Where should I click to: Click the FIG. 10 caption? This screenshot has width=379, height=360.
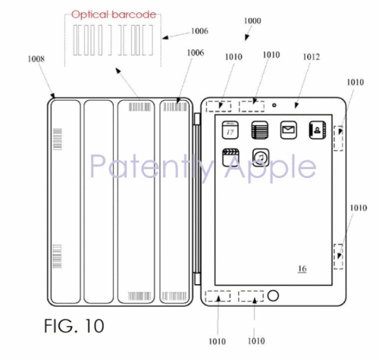pyautogui.click(x=74, y=326)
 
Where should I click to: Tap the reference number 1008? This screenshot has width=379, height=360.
pyautogui.click(x=36, y=59)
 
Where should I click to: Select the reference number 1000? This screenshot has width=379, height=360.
pyautogui.click(x=252, y=20)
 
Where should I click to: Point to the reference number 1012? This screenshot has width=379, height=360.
pyautogui.click(x=312, y=57)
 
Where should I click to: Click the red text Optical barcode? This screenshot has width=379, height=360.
pyautogui.click(x=114, y=14)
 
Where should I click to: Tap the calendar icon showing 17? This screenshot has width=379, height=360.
pyautogui.click(x=230, y=130)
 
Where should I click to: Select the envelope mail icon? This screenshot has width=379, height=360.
pyautogui.click(x=288, y=130)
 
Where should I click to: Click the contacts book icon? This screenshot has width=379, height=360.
pyautogui.click(x=318, y=130)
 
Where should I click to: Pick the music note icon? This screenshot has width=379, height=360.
pyautogui.click(x=261, y=158)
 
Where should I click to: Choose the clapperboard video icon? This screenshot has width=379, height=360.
pyautogui.click(x=230, y=158)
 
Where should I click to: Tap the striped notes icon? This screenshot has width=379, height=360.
pyautogui.click(x=260, y=130)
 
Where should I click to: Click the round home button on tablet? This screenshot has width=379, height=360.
pyautogui.click(x=273, y=296)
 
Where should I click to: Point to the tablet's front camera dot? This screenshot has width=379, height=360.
pyautogui.click(x=274, y=105)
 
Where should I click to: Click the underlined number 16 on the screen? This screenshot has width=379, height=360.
pyautogui.click(x=302, y=268)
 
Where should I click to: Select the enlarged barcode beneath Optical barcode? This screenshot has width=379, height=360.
pyautogui.click(x=113, y=40)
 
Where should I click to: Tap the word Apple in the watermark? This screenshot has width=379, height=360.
pyautogui.click(x=271, y=166)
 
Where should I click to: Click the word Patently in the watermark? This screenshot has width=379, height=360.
pyautogui.click(x=152, y=166)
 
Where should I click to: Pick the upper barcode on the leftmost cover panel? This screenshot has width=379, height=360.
pyautogui.click(x=58, y=139)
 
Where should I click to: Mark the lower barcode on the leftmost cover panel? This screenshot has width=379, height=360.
pyautogui.click(x=57, y=256)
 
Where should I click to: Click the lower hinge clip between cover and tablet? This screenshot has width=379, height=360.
pyautogui.click(x=197, y=279)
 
